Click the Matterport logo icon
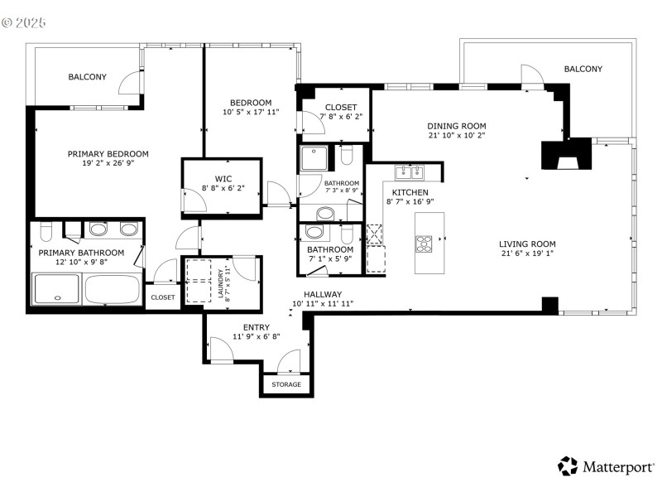pos(567,466)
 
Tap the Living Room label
pos(526,244)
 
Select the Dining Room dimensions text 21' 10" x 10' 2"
pos(456,135)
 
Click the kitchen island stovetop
pos(423,244)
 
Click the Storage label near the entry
pos(287,385)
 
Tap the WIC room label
pos(223,178)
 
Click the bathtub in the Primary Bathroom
pos(113,290)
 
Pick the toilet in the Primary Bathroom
pos(46,231)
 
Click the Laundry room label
pos(220,283)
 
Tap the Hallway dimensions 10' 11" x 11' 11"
pos(323,304)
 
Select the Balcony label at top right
pos(583,70)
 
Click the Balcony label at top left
pos(87,77)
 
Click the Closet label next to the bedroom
pos(340,108)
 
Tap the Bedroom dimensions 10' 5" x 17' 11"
pos(251,113)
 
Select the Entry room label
pos(256,327)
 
